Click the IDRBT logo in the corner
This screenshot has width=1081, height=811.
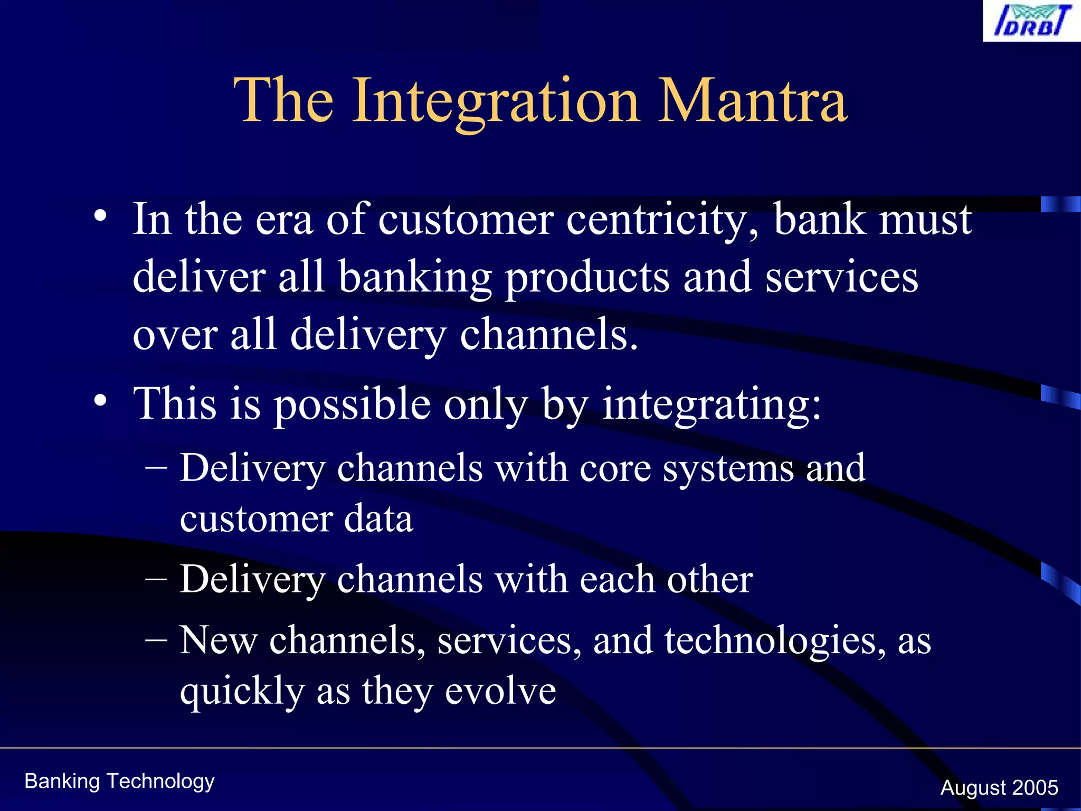(x=1031, y=21)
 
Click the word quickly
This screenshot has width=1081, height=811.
(x=242, y=692)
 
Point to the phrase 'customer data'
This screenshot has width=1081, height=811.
(x=296, y=519)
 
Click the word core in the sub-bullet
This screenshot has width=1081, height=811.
(x=615, y=468)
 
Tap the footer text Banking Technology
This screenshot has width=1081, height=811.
(x=120, y=781)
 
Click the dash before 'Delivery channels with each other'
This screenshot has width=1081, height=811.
(x=156, y=579)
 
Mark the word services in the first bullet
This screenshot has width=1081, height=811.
(x=841, y=278)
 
